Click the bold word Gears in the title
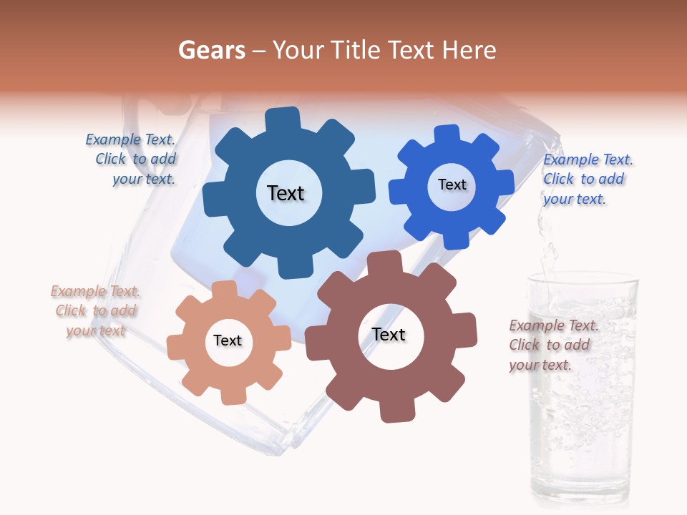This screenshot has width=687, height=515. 211,50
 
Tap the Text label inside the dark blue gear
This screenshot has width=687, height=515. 286,193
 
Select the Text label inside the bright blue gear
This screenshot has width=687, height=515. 452,185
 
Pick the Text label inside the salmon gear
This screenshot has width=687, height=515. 228,340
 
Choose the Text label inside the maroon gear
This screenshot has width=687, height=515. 389,335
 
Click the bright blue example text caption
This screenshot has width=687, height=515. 587,179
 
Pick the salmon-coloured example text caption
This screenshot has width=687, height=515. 94,311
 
